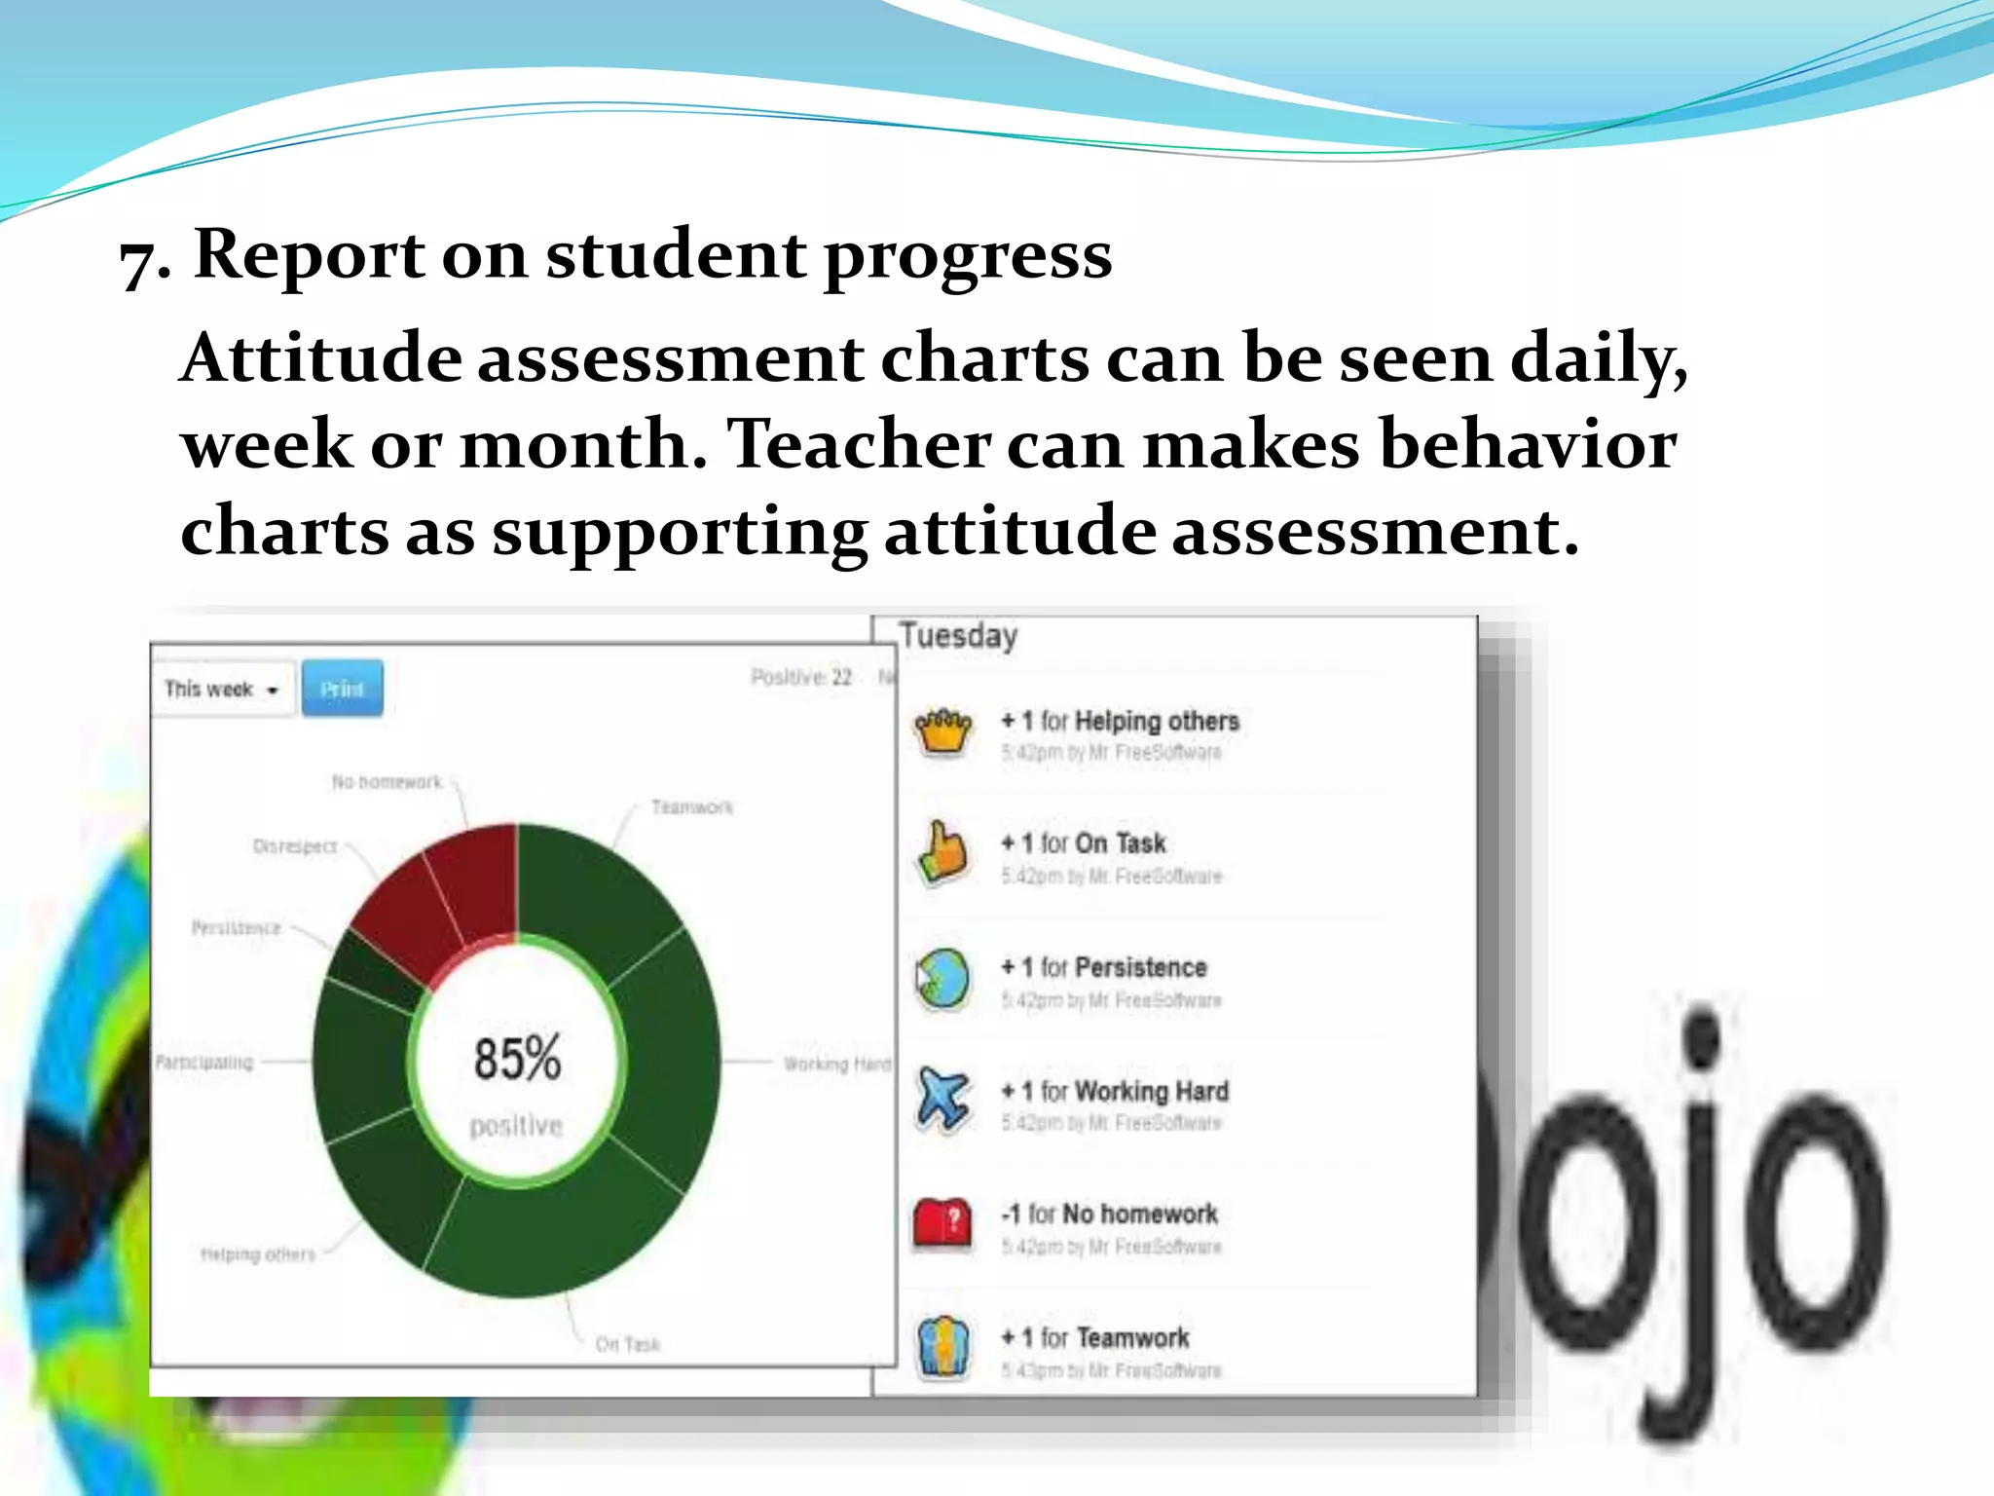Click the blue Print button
[x=342, y=689]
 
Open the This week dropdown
[x=222, y=690]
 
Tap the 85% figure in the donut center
[x=517, y=1059]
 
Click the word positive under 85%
[x=516, y=1126]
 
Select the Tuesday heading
[x=958, y=636]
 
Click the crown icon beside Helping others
[x=942, y=730]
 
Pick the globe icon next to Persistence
[x=942, y=977]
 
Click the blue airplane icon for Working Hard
[x=942, y=1100]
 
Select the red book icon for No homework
[x=942, y=1222]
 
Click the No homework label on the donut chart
[x=387, y=782]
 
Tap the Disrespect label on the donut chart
[x=294, y=846]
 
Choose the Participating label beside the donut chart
[x=204, y=1062]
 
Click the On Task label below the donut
[x=628, y=1345]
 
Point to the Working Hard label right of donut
[x=837, y=1064]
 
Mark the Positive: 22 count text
[x=801, y=677]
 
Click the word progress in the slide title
[x=968, y=255]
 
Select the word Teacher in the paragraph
[x=859, y=444]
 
